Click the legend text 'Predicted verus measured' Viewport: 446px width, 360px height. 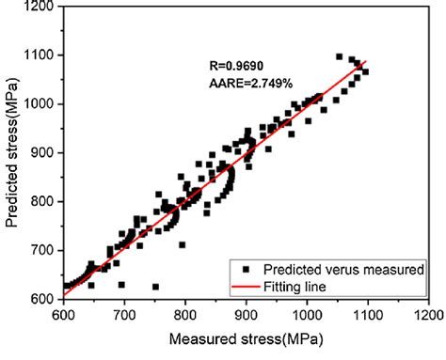coord(345,268)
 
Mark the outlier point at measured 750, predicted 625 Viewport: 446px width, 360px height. coord(155,287)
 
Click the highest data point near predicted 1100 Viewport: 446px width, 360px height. coord(339,56)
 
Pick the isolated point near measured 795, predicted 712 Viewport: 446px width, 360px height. coord(182,244)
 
